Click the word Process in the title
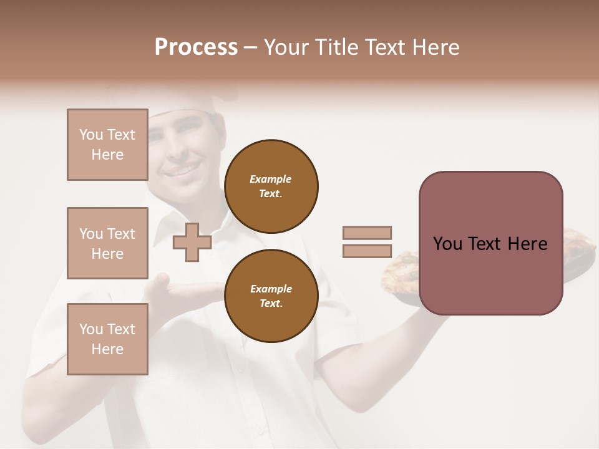(196, 47)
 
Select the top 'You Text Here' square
(107, 145)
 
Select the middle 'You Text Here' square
(107, 243)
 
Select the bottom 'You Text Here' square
(107, 339)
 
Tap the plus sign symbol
(192, 242)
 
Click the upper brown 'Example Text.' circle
(271, 186)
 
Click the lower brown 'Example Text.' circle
(271, 296)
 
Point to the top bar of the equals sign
(368, 233)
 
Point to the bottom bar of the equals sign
(368, 251)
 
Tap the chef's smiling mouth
(181, 169)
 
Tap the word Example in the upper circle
(270, 180)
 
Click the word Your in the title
(288, 47)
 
